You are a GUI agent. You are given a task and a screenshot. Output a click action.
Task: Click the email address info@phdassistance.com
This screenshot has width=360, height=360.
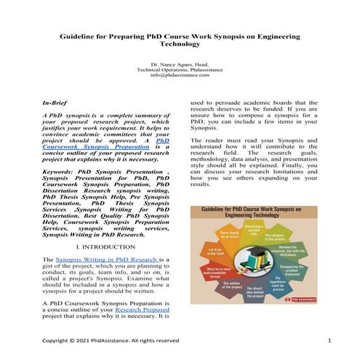point(180,74)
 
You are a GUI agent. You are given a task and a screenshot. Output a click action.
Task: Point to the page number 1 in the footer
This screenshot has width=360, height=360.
point(329,340)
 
